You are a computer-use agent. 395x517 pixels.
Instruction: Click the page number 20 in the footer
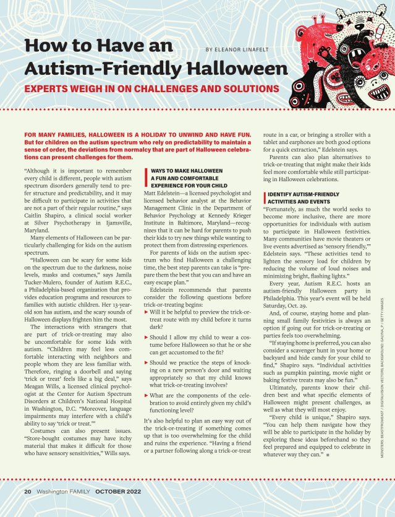pyautogui.click(x=28, y=491)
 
